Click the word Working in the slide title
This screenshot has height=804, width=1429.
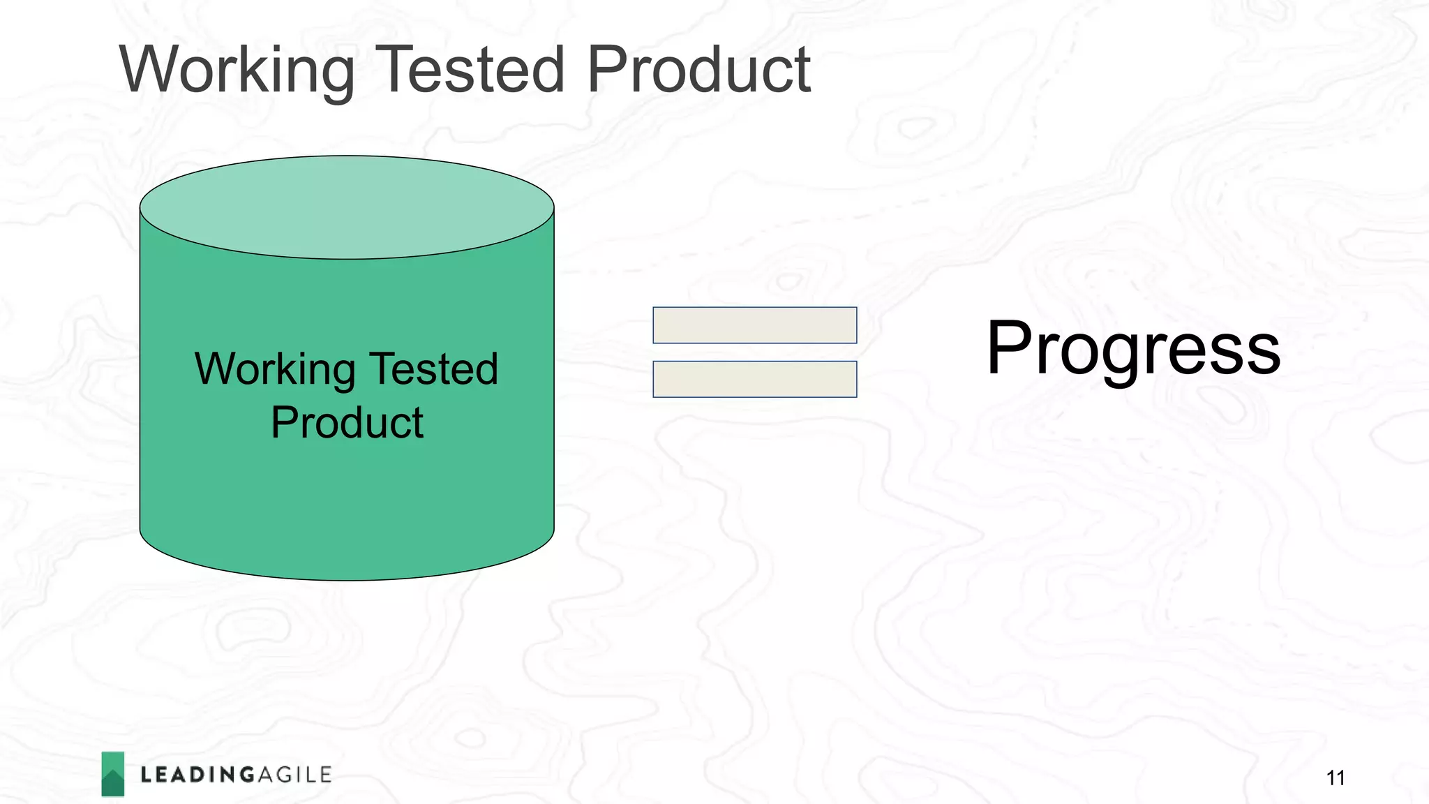click(237, 70)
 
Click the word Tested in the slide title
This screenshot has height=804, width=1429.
click(470, 70)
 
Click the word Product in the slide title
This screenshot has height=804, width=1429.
click(698, 70)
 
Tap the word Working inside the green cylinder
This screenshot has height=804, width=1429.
click(275, 370)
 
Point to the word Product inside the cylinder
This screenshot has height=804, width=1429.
click(347, 423)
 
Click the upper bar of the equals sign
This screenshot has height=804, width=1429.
click(754, 325)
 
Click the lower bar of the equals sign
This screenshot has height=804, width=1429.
click(754, 379)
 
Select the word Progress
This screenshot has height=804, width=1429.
click(1133, 349)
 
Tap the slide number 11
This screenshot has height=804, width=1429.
click(1336, 777)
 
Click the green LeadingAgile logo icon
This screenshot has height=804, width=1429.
click(112, 773)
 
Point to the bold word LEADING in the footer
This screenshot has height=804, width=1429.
click(198, 775)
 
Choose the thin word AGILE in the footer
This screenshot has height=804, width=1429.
click(294, 775)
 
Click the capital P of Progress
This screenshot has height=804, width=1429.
click(1010, 347)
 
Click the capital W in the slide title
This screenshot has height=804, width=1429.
click(155, 70)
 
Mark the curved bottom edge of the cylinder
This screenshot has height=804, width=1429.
click(347, 578)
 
